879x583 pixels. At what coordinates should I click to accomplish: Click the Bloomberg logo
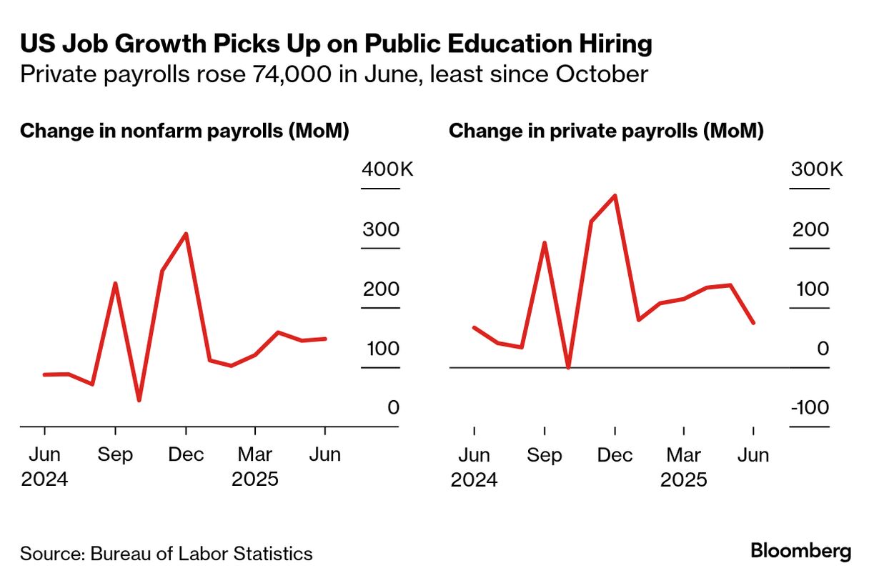click(800, 551)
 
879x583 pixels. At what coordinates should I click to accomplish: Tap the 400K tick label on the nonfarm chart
click(387, 170)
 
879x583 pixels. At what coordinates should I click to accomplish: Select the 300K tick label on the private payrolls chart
click(816, 170)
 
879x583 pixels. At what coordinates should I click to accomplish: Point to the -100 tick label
click(810, 408)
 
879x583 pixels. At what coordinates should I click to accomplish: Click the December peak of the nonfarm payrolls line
click(186, 234)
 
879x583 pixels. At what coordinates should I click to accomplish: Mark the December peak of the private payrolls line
click(615, 195)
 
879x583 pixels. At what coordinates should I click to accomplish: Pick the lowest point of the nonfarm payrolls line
click(139, 400)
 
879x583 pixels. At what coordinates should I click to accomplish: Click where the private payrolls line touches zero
click(568, 367)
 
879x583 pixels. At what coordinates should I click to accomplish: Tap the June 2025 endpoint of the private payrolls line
click(753, 323)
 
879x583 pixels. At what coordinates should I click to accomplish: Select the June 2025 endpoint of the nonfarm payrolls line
click(325, 339)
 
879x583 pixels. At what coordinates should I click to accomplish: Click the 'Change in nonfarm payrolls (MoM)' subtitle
click(184, 131)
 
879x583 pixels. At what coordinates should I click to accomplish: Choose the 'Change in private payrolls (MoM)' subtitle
click(606, 131)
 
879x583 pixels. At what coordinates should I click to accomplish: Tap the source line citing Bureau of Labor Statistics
click(166, 554)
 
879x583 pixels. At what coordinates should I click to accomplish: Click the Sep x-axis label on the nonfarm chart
click(115, 455)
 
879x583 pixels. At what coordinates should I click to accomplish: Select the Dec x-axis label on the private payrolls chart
click(615, 455)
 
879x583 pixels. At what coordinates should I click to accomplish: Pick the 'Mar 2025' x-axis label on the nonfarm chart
click(255, 466)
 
